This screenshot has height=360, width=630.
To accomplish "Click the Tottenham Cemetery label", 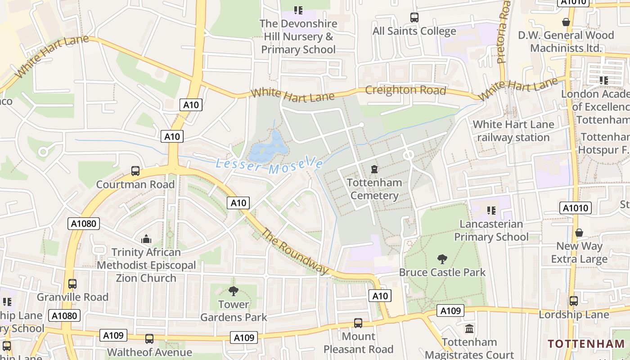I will click(374, 189).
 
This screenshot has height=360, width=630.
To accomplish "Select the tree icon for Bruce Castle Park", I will click(442, 259).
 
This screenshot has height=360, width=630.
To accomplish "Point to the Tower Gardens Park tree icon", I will click(233, 291).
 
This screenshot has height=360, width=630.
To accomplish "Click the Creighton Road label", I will click(405, 90).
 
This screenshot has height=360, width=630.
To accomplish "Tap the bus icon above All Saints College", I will click(414, 18).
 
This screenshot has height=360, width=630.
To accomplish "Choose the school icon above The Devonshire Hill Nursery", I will click(298, 10).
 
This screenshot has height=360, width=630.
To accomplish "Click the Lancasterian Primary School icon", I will click(491, 210).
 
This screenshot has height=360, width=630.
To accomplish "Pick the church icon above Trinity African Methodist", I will click(146, 239).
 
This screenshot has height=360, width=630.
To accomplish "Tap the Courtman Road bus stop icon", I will click(135, 171).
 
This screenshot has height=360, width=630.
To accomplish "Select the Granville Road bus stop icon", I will click(72, 284).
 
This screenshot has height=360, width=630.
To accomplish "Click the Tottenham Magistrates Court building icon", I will click(469, 329).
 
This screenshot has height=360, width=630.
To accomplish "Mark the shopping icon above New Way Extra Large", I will click(579, 233).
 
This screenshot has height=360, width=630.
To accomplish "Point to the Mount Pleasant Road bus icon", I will click(358, 323).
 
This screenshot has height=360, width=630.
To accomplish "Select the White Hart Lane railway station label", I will click(513, 130).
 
